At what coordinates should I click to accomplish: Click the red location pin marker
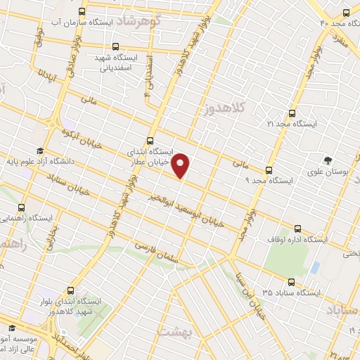pos(181,165)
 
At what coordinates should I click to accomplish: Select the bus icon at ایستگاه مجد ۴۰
pos(346,13)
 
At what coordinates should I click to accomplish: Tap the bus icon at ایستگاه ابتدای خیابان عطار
pos(150,139)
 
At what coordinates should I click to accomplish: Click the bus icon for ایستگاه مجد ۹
pos(269,169)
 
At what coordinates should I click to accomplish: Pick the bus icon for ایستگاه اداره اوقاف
pos(297,229)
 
